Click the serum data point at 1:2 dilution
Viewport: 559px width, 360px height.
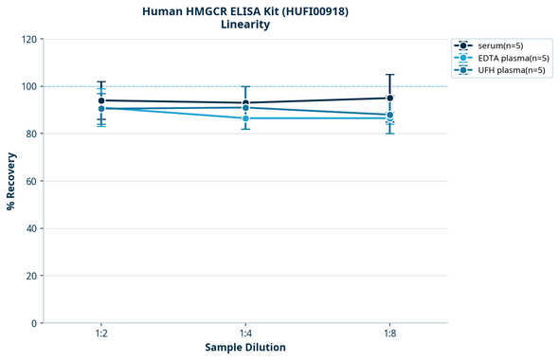(x=101, y=100)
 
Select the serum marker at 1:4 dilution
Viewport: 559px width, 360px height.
(x=245, y=103)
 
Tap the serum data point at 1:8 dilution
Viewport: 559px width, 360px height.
(x=389, y=98)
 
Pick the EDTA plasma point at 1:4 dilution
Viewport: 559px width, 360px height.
(x=245, y=117)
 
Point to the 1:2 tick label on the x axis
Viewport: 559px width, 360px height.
(x=101, y=333)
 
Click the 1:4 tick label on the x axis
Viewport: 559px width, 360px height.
(x=245, y=333)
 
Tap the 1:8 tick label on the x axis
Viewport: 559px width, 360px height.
(x=389, y=333)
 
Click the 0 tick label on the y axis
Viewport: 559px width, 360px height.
(x=33, y=323)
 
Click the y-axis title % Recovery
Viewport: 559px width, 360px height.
(x=11, y=180)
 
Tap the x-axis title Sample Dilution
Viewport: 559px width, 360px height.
(x=245, y=348)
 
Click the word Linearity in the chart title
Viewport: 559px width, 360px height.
(x=245, y=25)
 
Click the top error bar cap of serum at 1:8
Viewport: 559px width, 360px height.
(x=389, y=75)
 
